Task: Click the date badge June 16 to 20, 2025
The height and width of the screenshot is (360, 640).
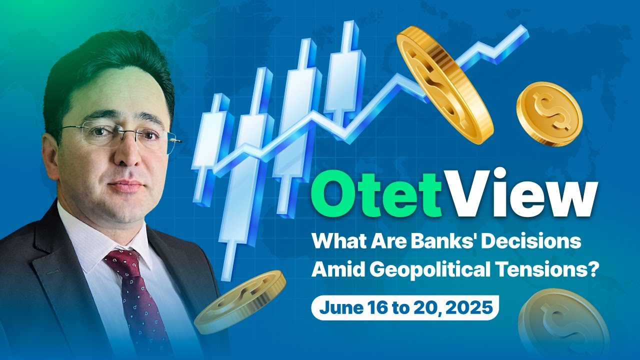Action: pos(405,307)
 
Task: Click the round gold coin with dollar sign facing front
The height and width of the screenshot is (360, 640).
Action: pos(549,114)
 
